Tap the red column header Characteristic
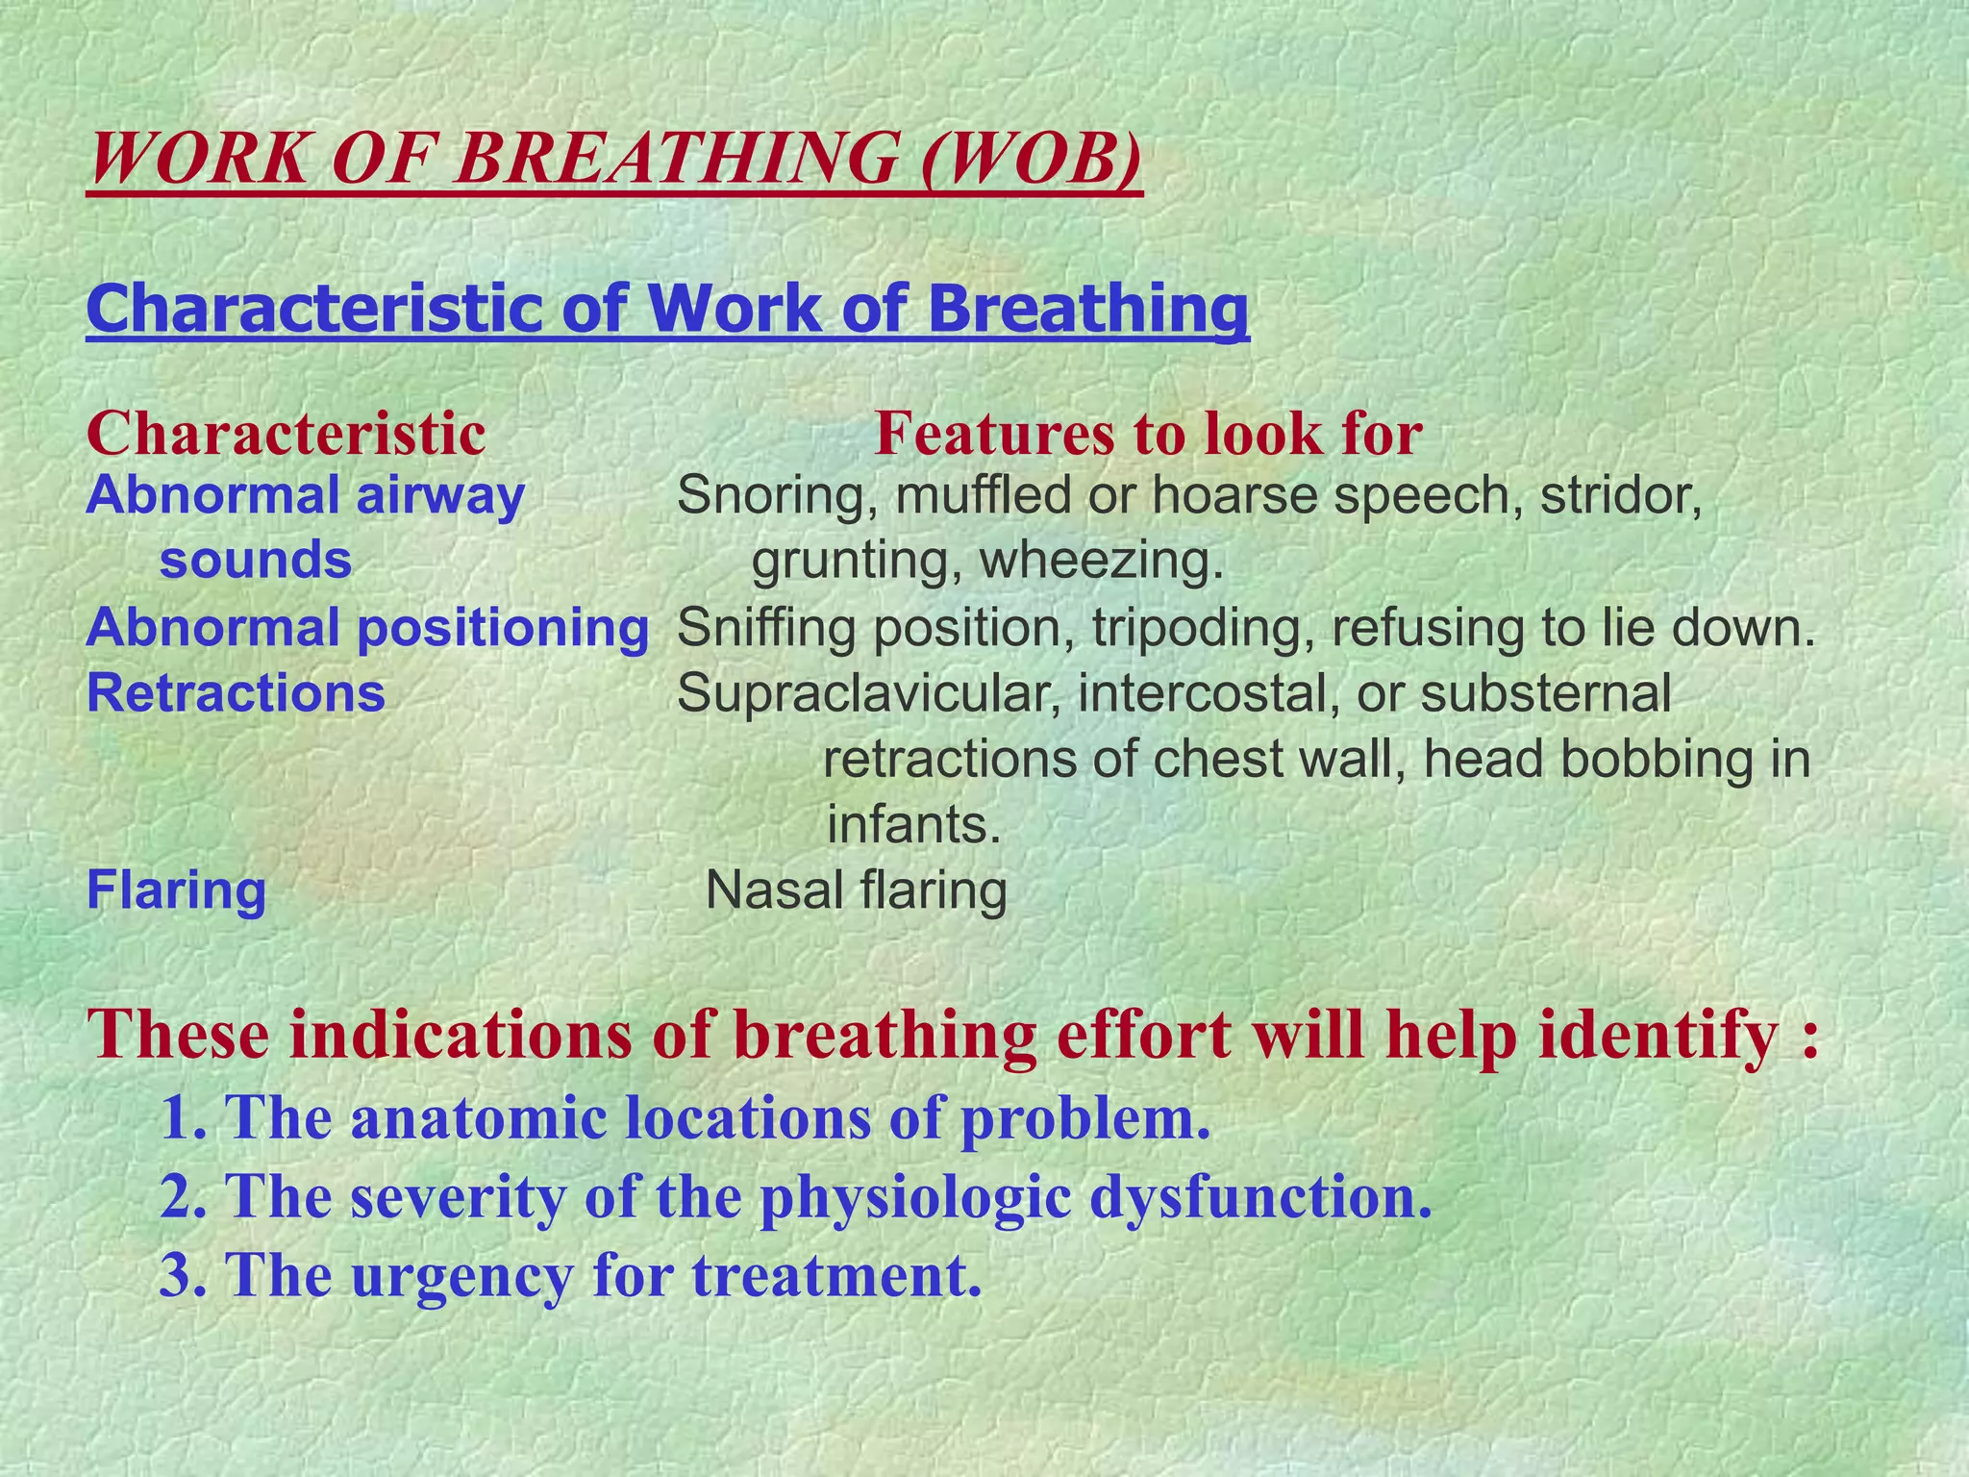click(x=286, y=434)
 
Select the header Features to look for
click(x=1148, y=434)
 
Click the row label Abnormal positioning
click(x=367, y=628)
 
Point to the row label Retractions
click(x=236, y=693)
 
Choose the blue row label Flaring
click(x=176, y=890)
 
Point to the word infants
click(x=912, y=825)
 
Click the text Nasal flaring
click(x=856, y=890)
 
